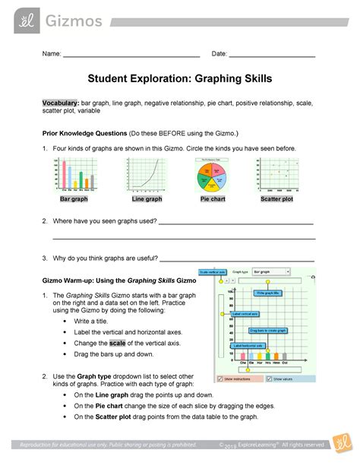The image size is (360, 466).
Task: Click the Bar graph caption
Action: coord(74,199)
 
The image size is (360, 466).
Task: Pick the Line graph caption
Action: coord(147,199)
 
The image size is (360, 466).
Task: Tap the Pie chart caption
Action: coord(215,199)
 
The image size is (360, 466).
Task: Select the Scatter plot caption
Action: coord(276,199)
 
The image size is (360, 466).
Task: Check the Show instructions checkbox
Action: coord(221,378)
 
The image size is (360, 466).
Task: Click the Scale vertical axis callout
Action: coord(213,272)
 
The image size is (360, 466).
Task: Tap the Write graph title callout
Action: coord(268,292)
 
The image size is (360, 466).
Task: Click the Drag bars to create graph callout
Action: coord(266,330)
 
